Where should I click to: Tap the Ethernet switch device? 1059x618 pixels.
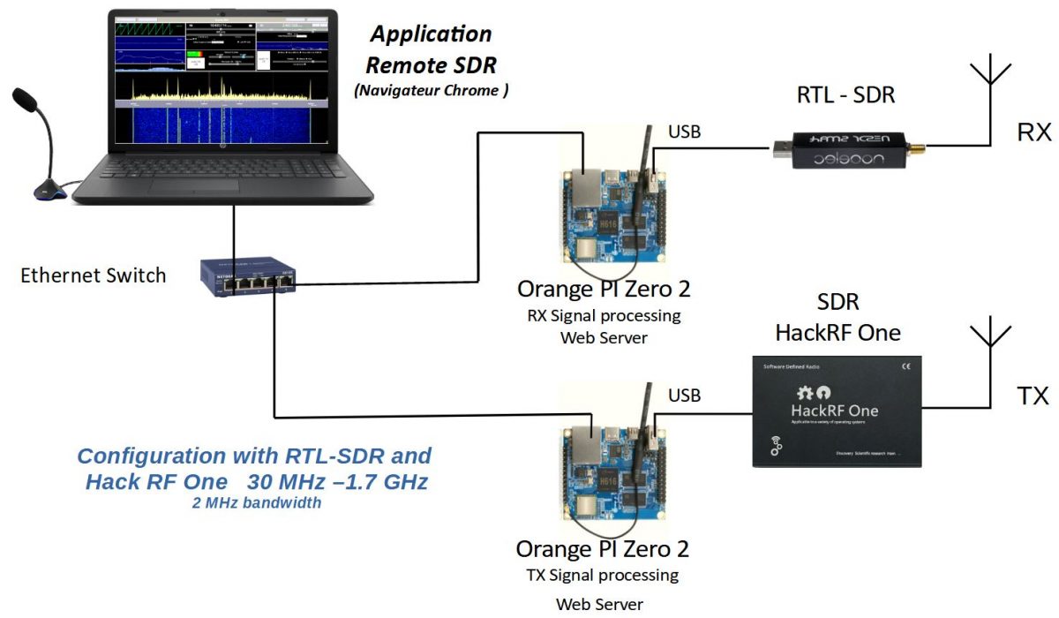click(x=248, y=276)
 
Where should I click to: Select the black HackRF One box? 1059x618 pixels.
click(x=837, y=411)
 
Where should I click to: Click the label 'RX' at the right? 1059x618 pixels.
click(x=1033, y=132)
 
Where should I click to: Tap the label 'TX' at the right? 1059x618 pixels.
click(x=1033, y=396)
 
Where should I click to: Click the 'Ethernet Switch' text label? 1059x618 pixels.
click(x=93, y=275)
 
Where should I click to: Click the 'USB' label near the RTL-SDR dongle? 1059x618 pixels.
click(x=685, y=132)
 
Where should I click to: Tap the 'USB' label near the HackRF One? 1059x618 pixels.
click(x=685, y=396)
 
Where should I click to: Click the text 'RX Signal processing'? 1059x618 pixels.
click(x=604, y=315)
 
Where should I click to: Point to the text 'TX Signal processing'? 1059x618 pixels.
click(x=604, y=576)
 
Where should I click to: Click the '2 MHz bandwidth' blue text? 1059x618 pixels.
click(x=256, y=503)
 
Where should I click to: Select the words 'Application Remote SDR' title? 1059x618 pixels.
click(x=431, y=49)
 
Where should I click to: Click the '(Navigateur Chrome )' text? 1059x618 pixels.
click(x=431, y=90)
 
